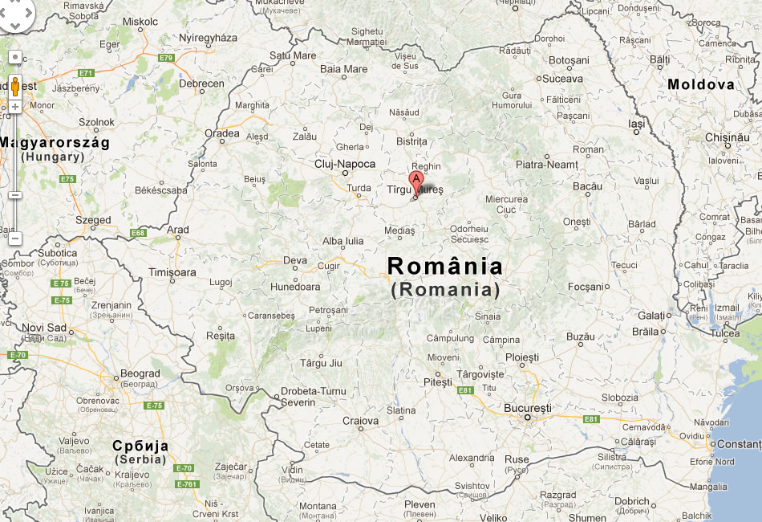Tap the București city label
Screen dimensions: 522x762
pyautogui.click(x=527, y=408)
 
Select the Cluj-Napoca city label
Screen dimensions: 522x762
pyautogui.click(x=345, y=163)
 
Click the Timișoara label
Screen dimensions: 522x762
pyautogui.click(x=172, y=272)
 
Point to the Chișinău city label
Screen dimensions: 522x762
pyautogui.click(x=727, y=137)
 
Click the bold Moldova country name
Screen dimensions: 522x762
pyautogui.click(x=700, y=84)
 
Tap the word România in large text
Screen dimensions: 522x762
pyautogui.click(x=445, y=266)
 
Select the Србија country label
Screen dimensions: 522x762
pyautogui.click(x=140, y=446)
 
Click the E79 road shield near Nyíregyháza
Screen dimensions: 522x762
pyautogui.click(x=166, y=58)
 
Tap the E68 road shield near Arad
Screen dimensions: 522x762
pyautogui.click(x=139, y=233)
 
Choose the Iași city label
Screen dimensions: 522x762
pyautogui.click(x=636, y=125)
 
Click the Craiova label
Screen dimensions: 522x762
pyautogui.click(x=360, y=421)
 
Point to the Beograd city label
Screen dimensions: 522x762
pyautogui.click(x=140, y=373)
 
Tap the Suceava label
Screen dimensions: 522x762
pyautogui.click(x=562, y=79)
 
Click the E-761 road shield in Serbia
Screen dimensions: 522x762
pyautogui.click(x=186, y=484)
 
